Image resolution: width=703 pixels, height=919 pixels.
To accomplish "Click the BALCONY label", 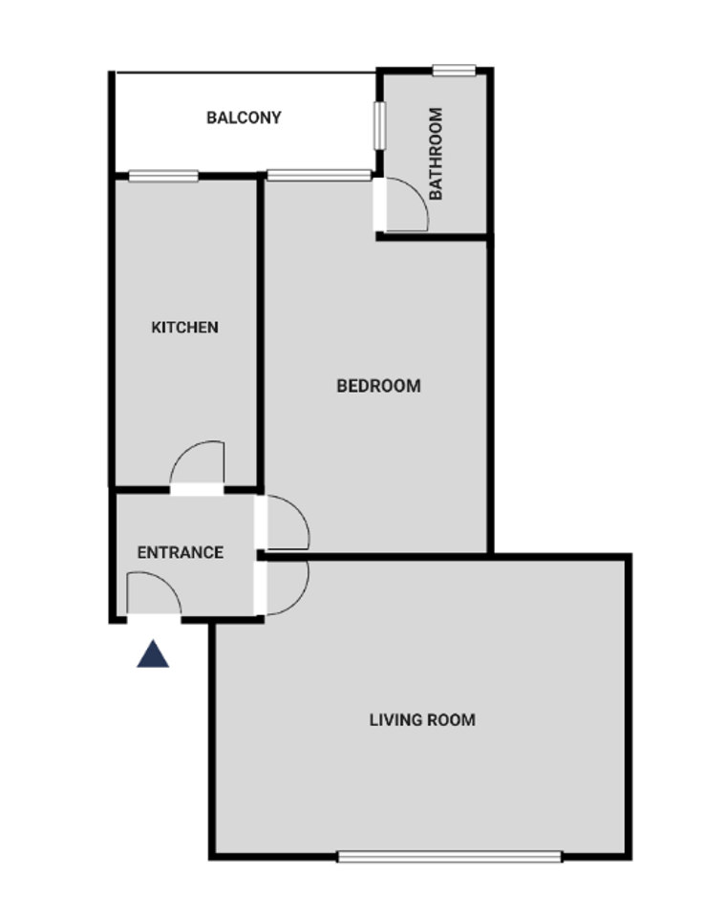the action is (x=244, y=118).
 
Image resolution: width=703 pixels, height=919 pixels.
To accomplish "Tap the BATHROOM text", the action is (x=436, y=154).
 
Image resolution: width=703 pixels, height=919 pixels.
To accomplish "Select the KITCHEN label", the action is (x=184, y=327).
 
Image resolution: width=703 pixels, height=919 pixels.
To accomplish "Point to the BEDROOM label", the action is (x=378, y=386).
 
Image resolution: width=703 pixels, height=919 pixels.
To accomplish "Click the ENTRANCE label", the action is (x=181, y=552).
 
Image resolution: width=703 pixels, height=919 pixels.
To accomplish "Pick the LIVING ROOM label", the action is (x=422, y=719).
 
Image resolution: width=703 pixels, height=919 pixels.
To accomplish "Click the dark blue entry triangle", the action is (x=153, y=654).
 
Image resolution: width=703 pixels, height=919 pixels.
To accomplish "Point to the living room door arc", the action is (x=298, y=601).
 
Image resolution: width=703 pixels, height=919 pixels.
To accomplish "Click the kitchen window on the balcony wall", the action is (x=163, y=176).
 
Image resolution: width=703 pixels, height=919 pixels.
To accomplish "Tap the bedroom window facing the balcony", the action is (x=319, y=175).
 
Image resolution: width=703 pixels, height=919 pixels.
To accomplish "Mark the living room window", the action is (x=450, y=857).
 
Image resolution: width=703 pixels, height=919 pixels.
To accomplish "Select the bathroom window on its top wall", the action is (x=454, y=71).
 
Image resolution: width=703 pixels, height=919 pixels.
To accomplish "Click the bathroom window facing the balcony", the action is (x=380, y=125).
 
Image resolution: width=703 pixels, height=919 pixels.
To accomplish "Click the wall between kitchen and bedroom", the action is (x=260, y=332).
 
